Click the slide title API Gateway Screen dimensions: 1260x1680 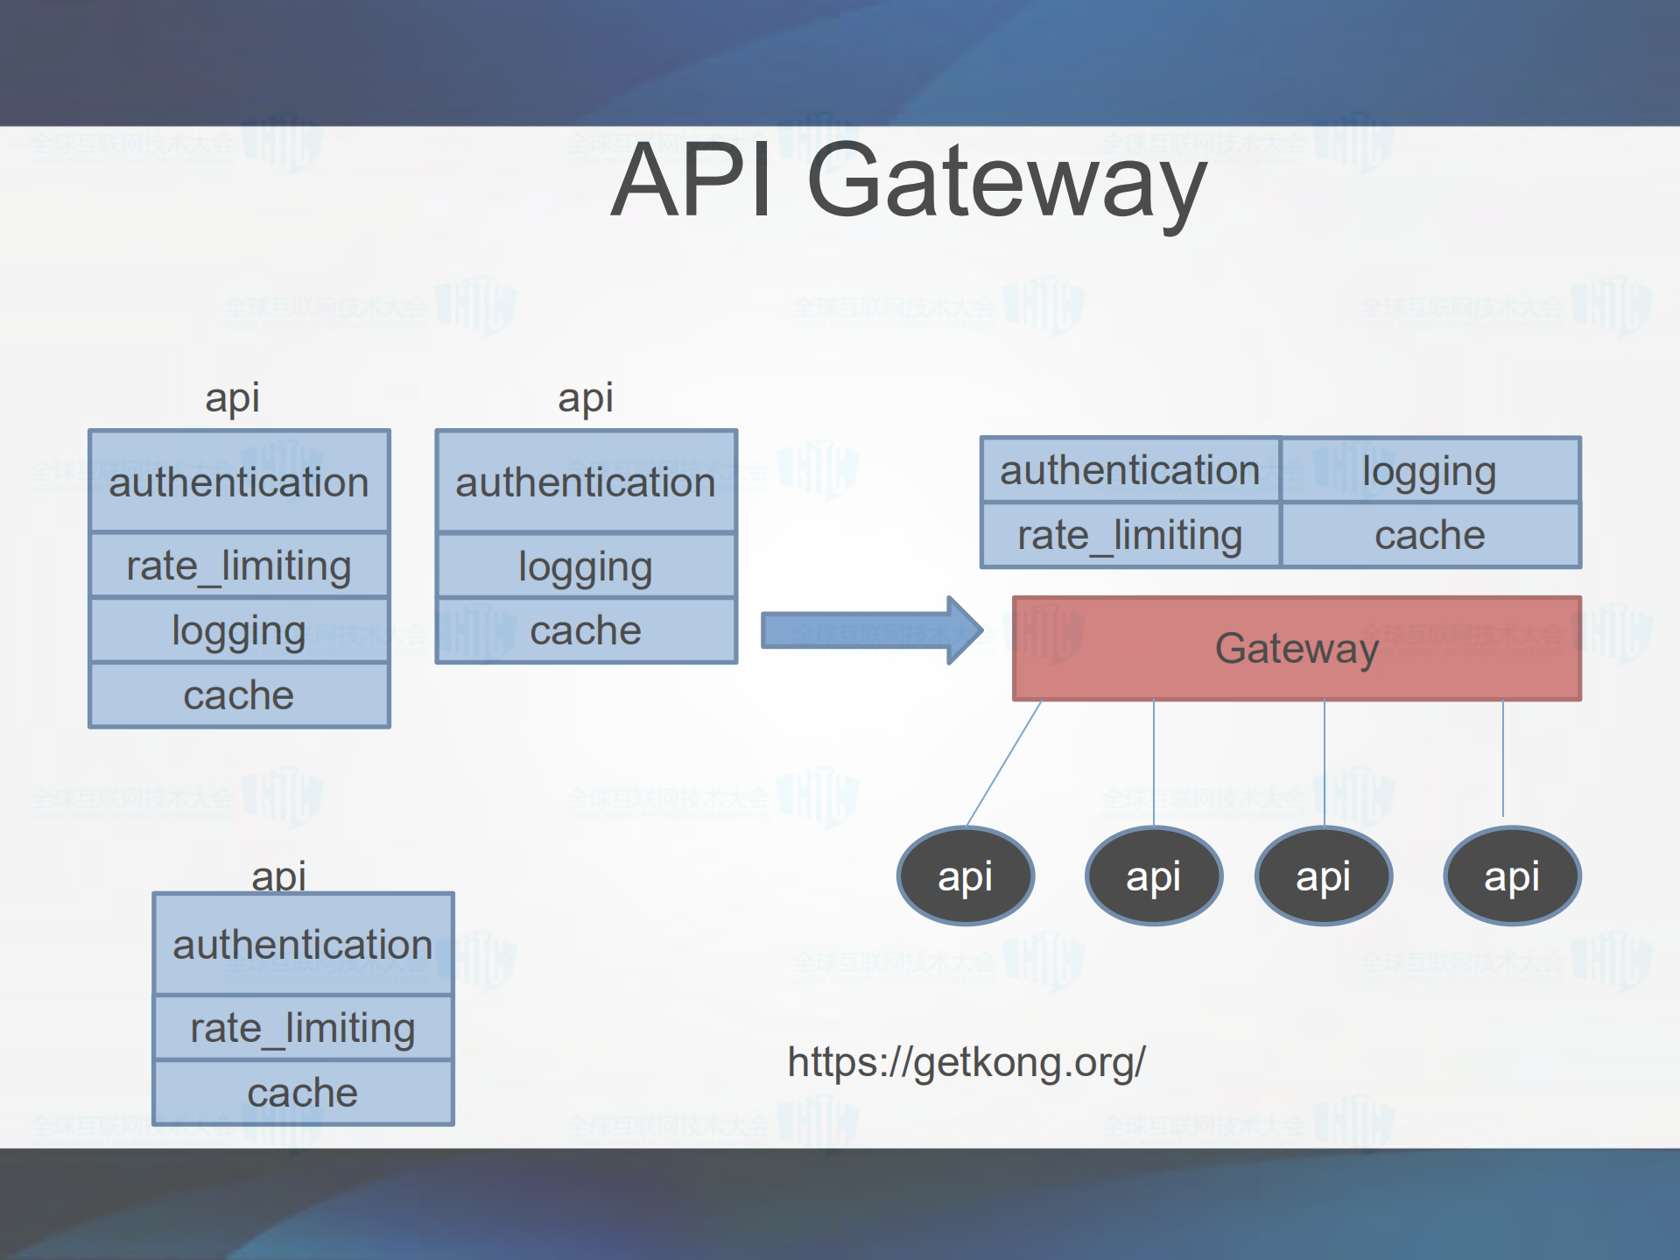tap(907, 181)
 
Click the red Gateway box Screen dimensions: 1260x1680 tap(1296, 649)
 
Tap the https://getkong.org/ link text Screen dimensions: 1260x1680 tap(966, 1062)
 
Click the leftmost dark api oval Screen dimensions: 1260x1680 tap(966, 876)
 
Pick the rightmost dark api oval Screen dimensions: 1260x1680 tap(1512, 876)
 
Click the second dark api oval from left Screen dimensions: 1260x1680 tap(1153, 876)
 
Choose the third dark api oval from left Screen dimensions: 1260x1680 tap(1323, 876)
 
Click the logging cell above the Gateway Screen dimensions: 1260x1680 tap(1430, 471)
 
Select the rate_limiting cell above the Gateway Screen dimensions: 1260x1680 tap(1129, 535)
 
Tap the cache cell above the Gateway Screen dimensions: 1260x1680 tap(1430, 535)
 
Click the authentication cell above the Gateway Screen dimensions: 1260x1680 tap(1129, 471)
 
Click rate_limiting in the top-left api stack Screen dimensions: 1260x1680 tap(238, 566)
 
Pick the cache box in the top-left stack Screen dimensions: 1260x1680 tap(238, 695)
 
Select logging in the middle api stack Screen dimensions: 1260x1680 tap(585, 567)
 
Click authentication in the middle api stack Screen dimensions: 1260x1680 tap(585, 482)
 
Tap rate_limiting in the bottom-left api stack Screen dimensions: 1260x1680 tap(302, 1028)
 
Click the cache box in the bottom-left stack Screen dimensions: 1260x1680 tap(302, 1093)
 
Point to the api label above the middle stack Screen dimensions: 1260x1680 tap(585, 398)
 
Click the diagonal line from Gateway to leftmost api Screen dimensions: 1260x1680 tap(1004, 763)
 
